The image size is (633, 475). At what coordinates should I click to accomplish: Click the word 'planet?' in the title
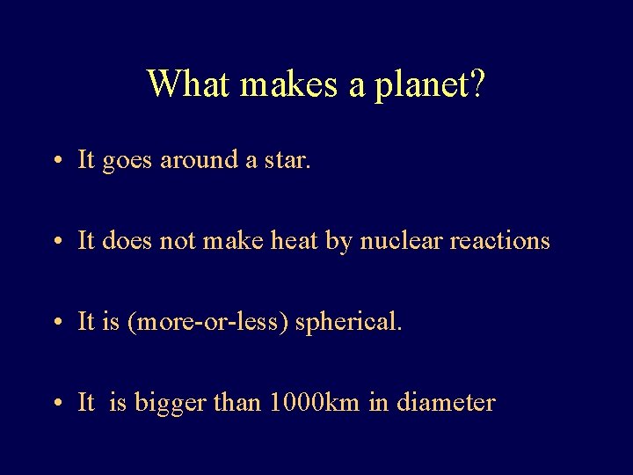(x=430, y=85)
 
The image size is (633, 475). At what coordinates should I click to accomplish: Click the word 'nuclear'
(x=401, y=241)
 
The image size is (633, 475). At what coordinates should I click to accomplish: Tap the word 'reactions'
(x=500, y=241)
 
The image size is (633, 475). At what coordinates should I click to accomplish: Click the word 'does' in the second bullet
(x=127, y=241)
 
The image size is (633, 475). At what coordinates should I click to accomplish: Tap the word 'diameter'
(x=447, y=403)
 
